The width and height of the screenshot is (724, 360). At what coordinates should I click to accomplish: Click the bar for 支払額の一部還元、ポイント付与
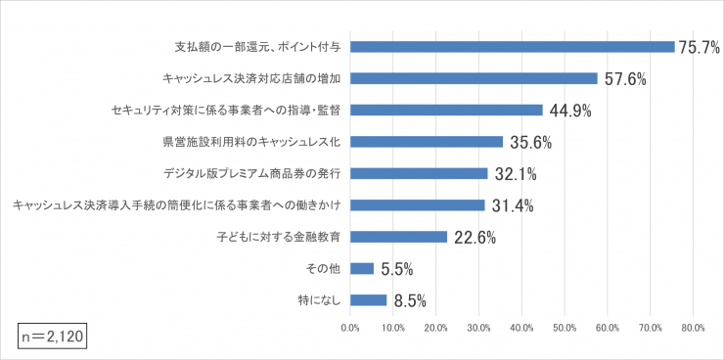512,46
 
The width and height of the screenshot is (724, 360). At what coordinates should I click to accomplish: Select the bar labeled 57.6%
473,78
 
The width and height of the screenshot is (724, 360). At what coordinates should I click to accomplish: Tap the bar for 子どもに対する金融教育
398,237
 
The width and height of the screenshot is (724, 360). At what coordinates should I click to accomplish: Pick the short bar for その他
361,268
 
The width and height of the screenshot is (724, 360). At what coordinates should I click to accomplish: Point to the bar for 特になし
368,300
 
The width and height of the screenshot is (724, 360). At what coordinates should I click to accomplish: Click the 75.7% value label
700,47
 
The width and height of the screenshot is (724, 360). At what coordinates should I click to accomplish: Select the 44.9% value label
570,111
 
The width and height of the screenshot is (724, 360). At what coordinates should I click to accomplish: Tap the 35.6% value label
530,142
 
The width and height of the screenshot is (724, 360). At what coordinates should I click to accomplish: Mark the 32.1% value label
515,174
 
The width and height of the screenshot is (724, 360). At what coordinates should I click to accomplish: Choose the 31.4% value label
512,205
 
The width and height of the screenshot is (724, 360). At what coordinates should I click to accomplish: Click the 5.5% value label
396,269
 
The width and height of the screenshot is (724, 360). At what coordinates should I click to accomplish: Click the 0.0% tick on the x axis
349,327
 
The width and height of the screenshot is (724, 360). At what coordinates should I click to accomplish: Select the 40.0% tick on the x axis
520,327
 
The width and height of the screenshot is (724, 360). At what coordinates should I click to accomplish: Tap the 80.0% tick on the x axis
693,327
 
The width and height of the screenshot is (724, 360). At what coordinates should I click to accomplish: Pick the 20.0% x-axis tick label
435,327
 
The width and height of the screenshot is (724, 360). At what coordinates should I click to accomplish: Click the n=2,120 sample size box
54,336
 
